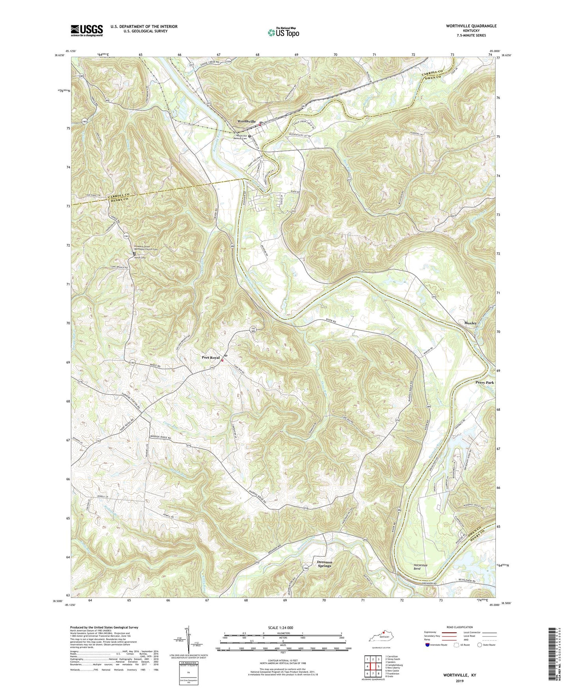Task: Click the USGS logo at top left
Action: pyautogui.click(x=87, y=30)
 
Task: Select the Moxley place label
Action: pyautogui.click(x=471, y=323)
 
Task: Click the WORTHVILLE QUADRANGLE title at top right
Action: pyautogui.click(x=465, y=26)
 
